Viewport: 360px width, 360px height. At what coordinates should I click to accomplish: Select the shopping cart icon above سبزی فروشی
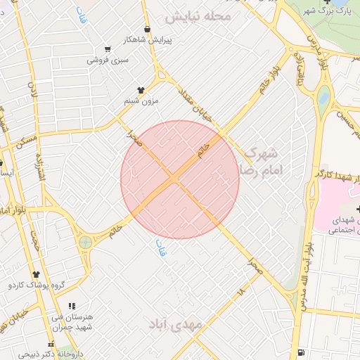(x=108, y=49)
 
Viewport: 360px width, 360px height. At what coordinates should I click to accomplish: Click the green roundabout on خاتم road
(x=86, y=243)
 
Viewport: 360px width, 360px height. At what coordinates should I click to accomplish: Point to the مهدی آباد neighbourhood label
(x=175, y=324)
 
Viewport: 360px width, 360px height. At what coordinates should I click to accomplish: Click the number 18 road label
(x=241, y=289)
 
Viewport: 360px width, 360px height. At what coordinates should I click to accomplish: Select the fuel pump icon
(x=302, y=352)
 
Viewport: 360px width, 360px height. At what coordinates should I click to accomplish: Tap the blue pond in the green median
(x=323, y=98)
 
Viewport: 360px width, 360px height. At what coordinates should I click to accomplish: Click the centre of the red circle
(x=180, y=179)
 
